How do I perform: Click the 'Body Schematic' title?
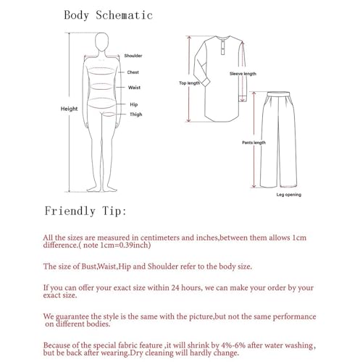[x=118, y=14]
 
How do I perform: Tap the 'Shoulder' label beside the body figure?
[x=133, y=56]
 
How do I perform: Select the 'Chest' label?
[x=133, y=72]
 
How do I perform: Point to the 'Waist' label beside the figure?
[x=134, y=87]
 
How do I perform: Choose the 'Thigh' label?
[x=135, y=114]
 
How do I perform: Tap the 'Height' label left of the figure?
[x=69, y=109]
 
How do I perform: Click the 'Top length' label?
[x=189, y=83]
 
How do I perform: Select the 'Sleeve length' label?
[x=243, y=74]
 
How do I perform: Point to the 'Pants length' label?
[x=253, y=143]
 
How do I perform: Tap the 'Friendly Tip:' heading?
[x=85, y=212]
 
